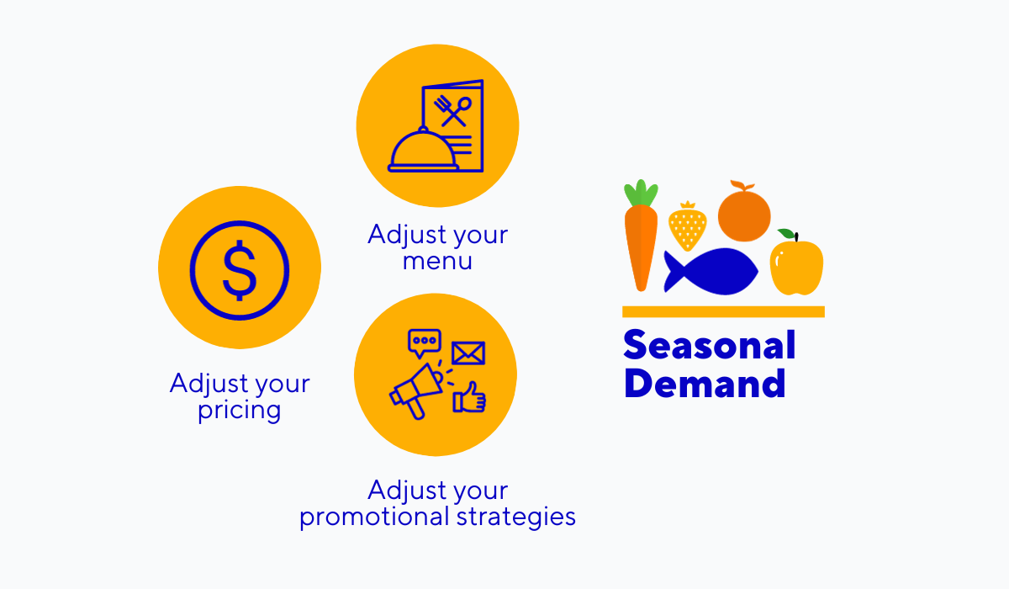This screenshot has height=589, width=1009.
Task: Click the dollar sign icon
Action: click(240, 268)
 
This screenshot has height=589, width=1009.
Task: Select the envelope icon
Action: click(468, 353)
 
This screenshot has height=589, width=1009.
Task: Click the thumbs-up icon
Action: click(470, 398)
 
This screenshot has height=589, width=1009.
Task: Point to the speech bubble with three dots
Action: click(424, 342)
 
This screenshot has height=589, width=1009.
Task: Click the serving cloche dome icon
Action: click(424, 150)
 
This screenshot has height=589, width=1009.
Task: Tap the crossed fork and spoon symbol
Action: click(453, 110)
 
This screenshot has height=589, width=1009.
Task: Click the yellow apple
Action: click(796, 268)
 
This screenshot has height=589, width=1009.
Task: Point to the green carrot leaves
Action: click(641, 193)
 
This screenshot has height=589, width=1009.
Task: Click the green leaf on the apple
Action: click(786, 234)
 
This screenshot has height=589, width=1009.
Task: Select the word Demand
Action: click(705, 384)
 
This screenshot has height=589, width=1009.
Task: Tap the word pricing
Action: click(240, 411)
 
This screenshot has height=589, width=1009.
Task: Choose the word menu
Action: click(437, 261)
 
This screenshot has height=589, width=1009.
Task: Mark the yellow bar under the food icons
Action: click(723, 311)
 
